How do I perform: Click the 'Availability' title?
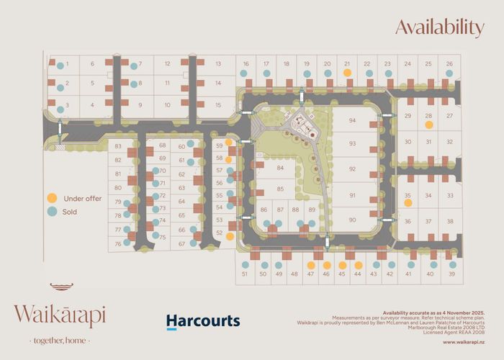pos(439,28)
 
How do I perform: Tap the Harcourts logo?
pos(203,321)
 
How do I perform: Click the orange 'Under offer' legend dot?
pos(52,198)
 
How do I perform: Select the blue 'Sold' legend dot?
pos(52,212)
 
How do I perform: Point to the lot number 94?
pos(352,121)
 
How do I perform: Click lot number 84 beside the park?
pos(279,168)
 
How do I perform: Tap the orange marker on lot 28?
pos(428,125)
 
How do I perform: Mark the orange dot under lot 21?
pos(347,73)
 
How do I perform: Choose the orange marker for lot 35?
pos(408,203)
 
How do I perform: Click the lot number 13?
pos(217,64)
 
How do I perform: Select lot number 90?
pos(352,220)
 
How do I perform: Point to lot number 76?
pos(118,244)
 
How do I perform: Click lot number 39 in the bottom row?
pos(452,274)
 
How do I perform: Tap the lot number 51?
pos(245,274)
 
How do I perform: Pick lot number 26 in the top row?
pos(449,64)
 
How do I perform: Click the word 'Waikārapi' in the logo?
pos(59,315)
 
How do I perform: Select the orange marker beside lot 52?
pos(230,235)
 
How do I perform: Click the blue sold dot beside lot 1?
pos(60,64)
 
